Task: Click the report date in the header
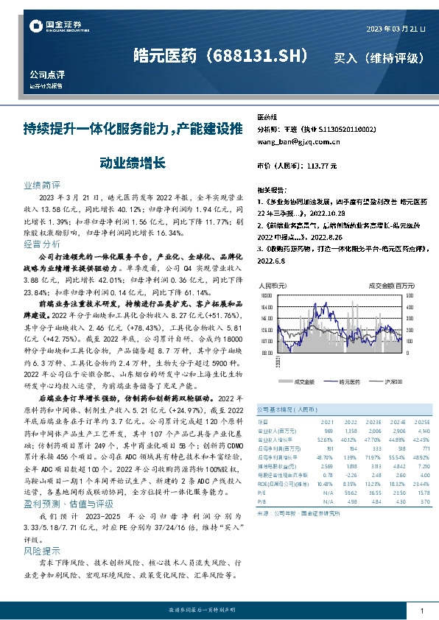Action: click(396, 29)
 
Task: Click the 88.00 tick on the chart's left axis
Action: click(267, 353)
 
